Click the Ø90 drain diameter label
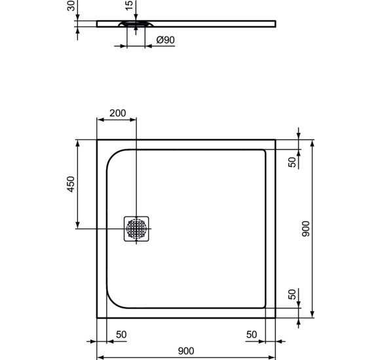coord(166,41)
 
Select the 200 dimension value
coord(117,113)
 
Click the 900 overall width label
coord(186,351)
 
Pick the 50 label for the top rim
coord(292,161)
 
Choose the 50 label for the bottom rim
coord(292,295)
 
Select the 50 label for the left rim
coord(121,334)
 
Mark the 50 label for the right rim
coord(252,334)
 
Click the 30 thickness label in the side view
coord(71,6)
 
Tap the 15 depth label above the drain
coord(129,6)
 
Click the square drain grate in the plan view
coord(137,228)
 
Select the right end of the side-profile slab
coord(275,24)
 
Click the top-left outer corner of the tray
coord(97,139)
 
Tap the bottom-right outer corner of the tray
coord(276,317)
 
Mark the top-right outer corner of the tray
coord(276,139)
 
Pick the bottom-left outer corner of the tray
coord(97,317)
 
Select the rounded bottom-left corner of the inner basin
coord(111,301)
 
